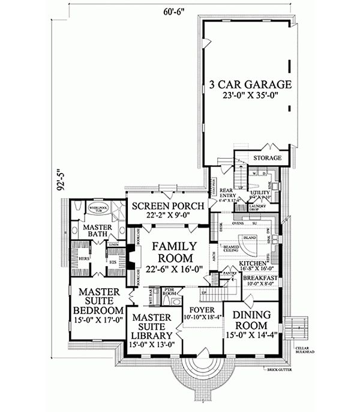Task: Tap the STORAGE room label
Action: click(x=267, y=158)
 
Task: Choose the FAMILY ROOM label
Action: click(x=173, y=253)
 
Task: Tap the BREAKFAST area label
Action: click(x=260, y=279)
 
